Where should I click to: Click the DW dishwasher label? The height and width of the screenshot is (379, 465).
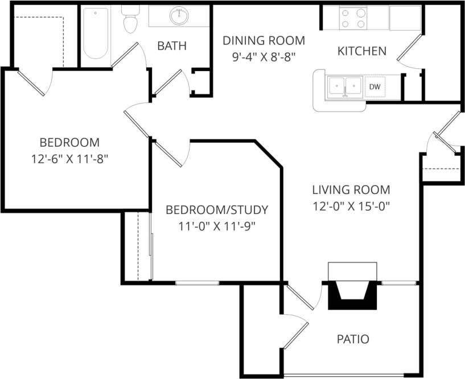pyautogui.click(x=374, y=86)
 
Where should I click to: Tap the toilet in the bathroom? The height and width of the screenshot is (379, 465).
pyautogui.click(x=131, y=21)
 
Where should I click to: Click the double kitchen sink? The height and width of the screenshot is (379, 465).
pyautogui.click(x=345, y=86)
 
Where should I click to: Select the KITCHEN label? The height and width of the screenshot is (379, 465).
pyautogui.click(x=362, y=51)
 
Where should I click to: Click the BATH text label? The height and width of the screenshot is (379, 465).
pyautogui.click(x=171, y=46)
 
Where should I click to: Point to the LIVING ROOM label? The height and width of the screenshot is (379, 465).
pyautogui.click(x=351, y=189)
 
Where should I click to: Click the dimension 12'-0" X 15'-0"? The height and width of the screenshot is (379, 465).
pyautogui.click(x=351, y=206)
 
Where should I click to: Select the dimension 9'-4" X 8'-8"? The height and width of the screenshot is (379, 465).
pyautogui.click(x=264, y=57)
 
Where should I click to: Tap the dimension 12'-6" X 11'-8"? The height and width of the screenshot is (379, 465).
pyautogui.click(x=69, y=159)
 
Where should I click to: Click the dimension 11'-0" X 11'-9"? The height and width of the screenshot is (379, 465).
pyautogui.click(x=216, y=226)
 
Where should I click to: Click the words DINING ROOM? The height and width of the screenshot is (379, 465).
pyautogui.click(x=264, y=40)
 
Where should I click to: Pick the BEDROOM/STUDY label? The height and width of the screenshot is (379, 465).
pyautogui.click(x=216, y=209)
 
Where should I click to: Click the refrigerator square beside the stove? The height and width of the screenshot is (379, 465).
pyautogui.click(x=405, y=18)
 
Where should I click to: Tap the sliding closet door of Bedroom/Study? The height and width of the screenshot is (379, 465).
pyautogui.click(x=151, y=245)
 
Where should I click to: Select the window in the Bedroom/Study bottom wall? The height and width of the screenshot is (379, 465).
pyautogui.click(x=197, y=283)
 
